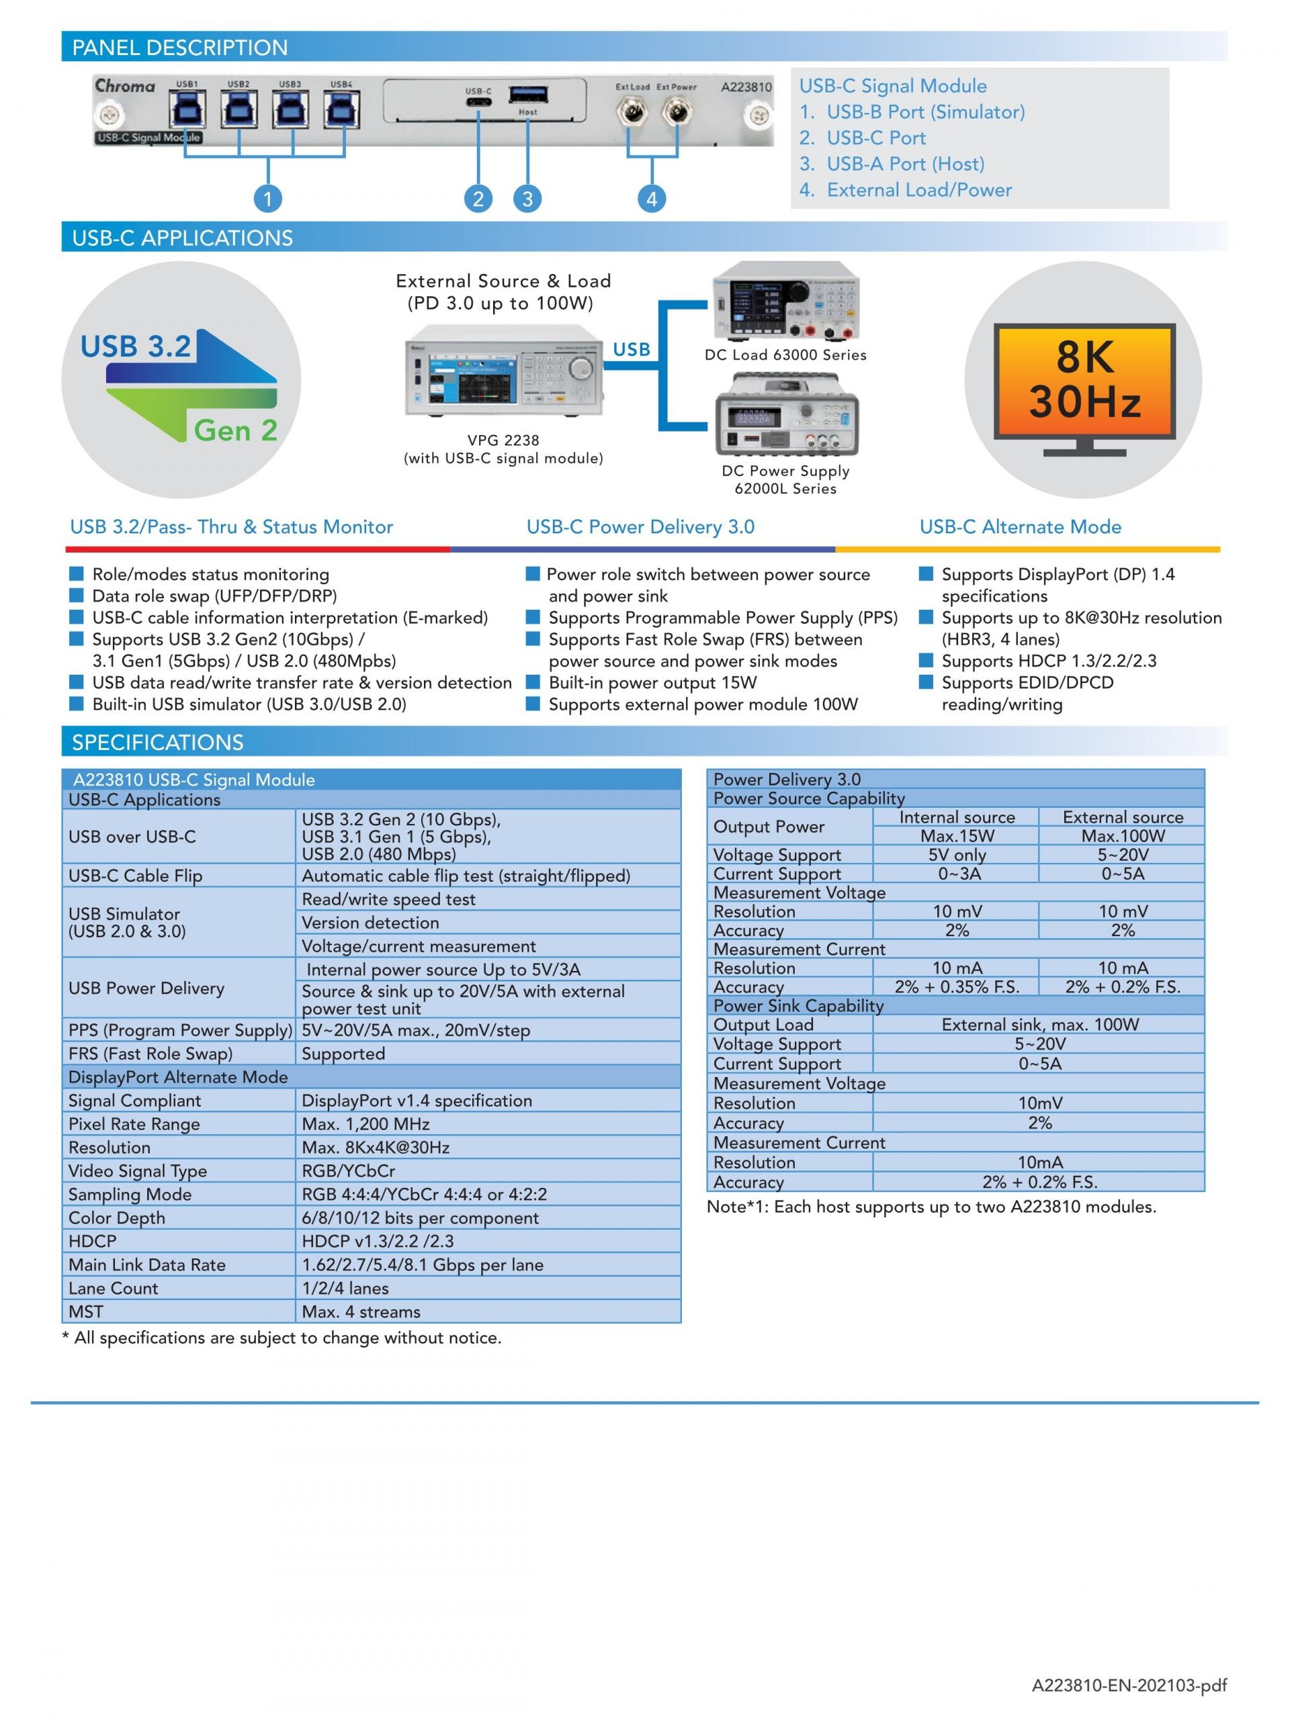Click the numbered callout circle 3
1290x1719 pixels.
pyautogui.click(x=527, y=199)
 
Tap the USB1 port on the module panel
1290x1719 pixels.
pyautogui.click(x=186, y=109)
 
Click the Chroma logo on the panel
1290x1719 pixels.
pyautogui.click(x=125, y=85)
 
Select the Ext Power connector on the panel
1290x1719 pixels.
pyautogui.click(x=677, y=114)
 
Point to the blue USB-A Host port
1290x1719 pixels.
pyautogui.click(x=528, y=95)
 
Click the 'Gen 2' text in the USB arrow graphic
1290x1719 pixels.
pyautogui.click(x=236, y=430)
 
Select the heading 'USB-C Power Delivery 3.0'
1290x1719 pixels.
pyautogui.click(x=640, y=527)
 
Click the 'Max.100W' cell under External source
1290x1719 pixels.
pyautogui.click(x=1123, y=836)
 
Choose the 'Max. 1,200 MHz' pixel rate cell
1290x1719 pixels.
pyautogui.click(x=365, y=1123)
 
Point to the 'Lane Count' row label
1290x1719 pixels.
pyautogui.click(x=113, y=1288)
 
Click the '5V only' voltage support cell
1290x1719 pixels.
pyautogui.click(x=957, y=855)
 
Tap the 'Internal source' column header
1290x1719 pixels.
pyautogui.click(x=957, y=818)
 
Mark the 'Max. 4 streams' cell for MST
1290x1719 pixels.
pyautogui.click(x=361, y=1312)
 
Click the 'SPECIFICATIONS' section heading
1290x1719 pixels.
pyautogui.click(x=158, y=742)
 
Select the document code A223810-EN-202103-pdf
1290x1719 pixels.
pyautogui.click(x=1129, y=1685)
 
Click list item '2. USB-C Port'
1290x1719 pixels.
pyautogui.click(x=862, y=138)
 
